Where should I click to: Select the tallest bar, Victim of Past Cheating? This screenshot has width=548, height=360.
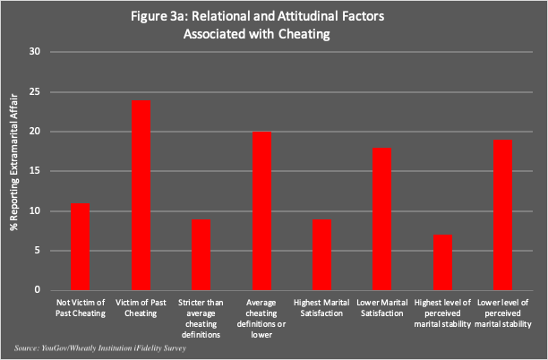[141, 195]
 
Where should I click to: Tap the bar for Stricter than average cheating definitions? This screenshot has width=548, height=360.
[202, 255]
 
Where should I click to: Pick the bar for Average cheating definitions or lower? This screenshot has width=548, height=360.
[262, 211]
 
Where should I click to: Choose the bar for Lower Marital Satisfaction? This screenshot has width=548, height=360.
[383, 219]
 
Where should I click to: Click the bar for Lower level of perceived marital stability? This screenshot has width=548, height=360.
[504, 215]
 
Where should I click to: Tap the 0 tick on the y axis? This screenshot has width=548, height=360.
[38, 290]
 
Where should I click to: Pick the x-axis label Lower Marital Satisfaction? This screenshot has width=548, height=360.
[384, 309]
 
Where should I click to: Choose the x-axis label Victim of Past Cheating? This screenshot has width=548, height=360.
[141, 309]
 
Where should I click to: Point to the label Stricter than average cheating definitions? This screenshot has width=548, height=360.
[202, 314]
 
